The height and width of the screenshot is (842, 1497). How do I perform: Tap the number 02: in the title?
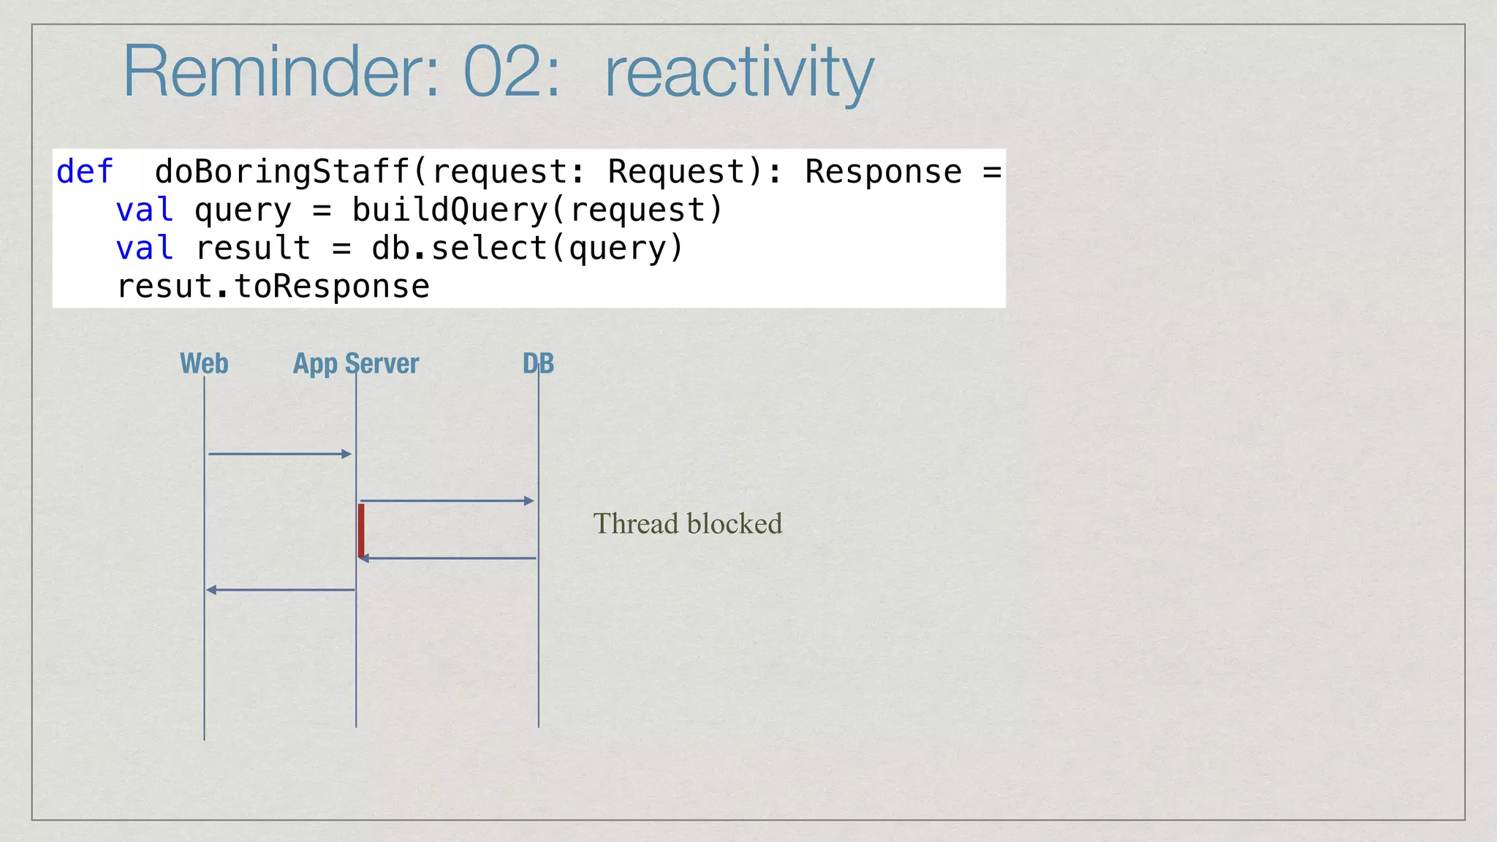pos(512,72)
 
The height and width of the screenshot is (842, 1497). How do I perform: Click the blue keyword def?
pos(85,172)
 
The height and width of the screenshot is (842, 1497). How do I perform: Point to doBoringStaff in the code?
pos(281,172)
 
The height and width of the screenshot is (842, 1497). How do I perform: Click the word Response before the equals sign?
pos(883,172)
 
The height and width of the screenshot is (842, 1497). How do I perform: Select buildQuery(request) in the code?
pos(537,210)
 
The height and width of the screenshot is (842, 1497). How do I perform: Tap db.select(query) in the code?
pos(527,249)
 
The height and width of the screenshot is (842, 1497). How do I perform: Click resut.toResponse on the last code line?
pos(273,287)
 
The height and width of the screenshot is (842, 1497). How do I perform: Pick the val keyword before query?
pos(145,210)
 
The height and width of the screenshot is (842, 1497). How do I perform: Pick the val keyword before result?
pos(145,249)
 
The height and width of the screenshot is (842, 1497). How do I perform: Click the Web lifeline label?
pos(204,364)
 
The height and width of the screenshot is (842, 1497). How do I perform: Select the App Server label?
pos(356,364)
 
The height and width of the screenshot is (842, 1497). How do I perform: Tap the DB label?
pos(539,364)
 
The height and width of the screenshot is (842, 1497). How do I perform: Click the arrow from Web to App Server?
pos(280,454)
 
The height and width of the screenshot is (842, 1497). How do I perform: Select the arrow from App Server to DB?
pos(447,501)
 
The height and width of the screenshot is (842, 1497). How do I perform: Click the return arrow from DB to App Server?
pos(447,558)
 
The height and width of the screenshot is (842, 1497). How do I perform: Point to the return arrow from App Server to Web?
pos(280,590)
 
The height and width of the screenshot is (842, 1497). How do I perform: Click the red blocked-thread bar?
pos(361,530)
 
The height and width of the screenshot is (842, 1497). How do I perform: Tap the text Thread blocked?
pos(687,524)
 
